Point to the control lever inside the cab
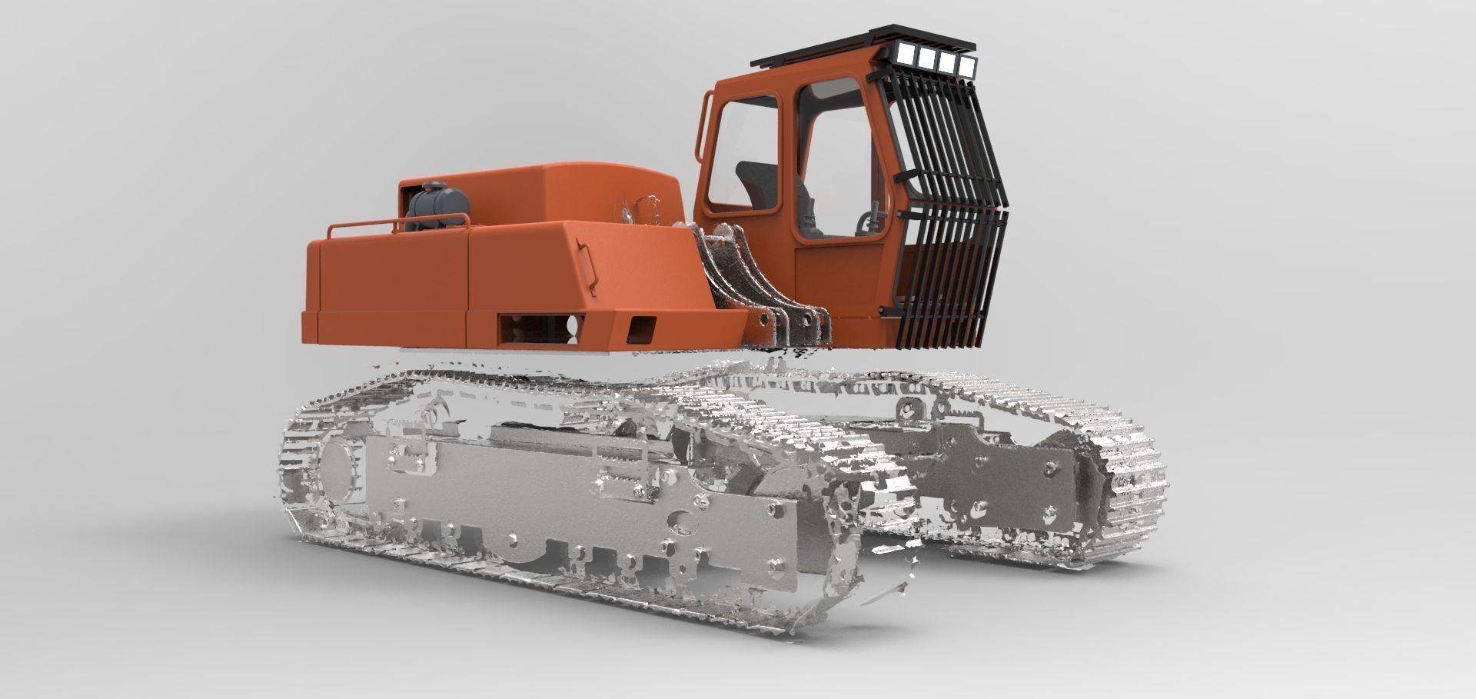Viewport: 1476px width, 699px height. pos(873,218)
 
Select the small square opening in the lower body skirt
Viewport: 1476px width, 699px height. pos(642,331)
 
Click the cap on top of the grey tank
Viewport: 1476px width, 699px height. pos(436,187)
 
